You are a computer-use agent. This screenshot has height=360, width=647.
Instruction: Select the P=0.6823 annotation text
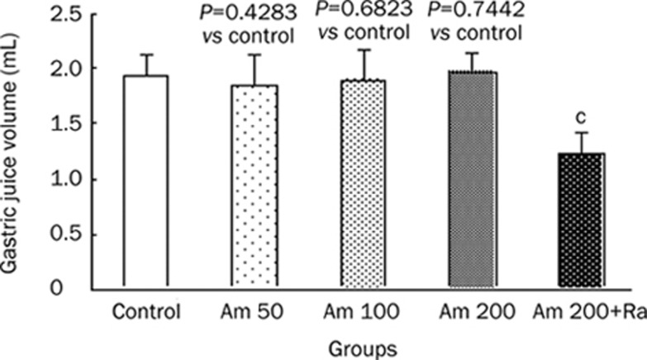click(361, 13)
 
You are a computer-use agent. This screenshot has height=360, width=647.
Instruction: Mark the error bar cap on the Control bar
click(146, 54)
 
